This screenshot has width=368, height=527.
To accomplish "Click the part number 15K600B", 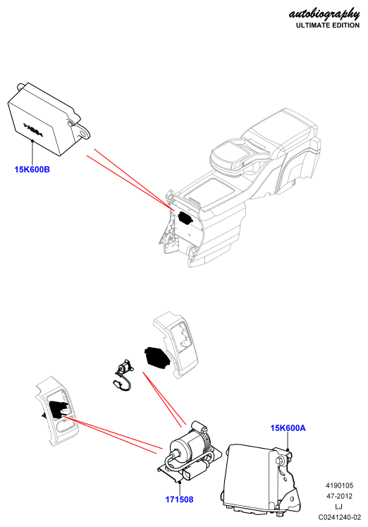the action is tap(32, 169).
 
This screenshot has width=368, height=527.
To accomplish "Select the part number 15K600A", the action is tap(288, 428).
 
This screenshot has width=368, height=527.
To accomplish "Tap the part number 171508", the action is tap(179, 499).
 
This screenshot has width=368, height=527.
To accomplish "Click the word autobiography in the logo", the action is tap(324, 14).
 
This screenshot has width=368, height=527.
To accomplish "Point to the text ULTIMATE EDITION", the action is tap(328, 25).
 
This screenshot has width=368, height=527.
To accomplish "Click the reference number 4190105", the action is tap(339, 485).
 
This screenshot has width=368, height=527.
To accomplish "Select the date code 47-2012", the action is tap(339, 496).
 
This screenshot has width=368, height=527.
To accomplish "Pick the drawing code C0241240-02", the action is tap(340, 517).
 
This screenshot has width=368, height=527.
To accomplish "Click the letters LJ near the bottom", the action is tap(339, 507).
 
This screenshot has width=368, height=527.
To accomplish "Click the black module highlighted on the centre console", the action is tap(185, 217).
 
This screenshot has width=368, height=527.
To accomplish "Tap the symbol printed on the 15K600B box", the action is tap(33, 129).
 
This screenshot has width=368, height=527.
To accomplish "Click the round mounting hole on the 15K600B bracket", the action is tap(82, 134).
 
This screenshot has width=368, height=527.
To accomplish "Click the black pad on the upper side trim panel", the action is tap(157, 358).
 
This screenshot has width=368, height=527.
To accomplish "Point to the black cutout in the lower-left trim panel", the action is tap(58, 409).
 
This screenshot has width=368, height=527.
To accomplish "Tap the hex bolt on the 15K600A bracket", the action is tap(280, 461).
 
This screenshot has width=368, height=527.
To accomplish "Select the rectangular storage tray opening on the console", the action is tap(210, 191).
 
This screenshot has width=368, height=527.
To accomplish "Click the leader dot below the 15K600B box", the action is tap(32, 140).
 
